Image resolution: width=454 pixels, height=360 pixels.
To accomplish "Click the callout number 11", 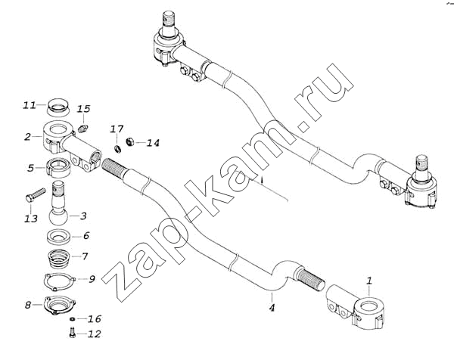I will (x=30, y=104).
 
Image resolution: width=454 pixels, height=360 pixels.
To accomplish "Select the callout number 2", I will (x=27, y=137).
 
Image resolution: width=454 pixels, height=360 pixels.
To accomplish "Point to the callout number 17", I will (x=118, y=129).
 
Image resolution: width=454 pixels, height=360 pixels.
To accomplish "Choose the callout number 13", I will (x=30, y=219).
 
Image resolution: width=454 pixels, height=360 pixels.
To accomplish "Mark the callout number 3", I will (x=85, y=216).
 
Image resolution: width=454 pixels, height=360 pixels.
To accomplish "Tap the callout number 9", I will (x=92, y=279).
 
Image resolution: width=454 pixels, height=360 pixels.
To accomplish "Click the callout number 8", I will (x=28, y=306).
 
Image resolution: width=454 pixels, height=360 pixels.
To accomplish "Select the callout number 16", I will (x=95, y=319).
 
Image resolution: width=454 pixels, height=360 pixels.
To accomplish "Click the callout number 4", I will (x=271, y=307).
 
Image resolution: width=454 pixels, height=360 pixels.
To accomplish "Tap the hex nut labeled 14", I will (x=130, y=141).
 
